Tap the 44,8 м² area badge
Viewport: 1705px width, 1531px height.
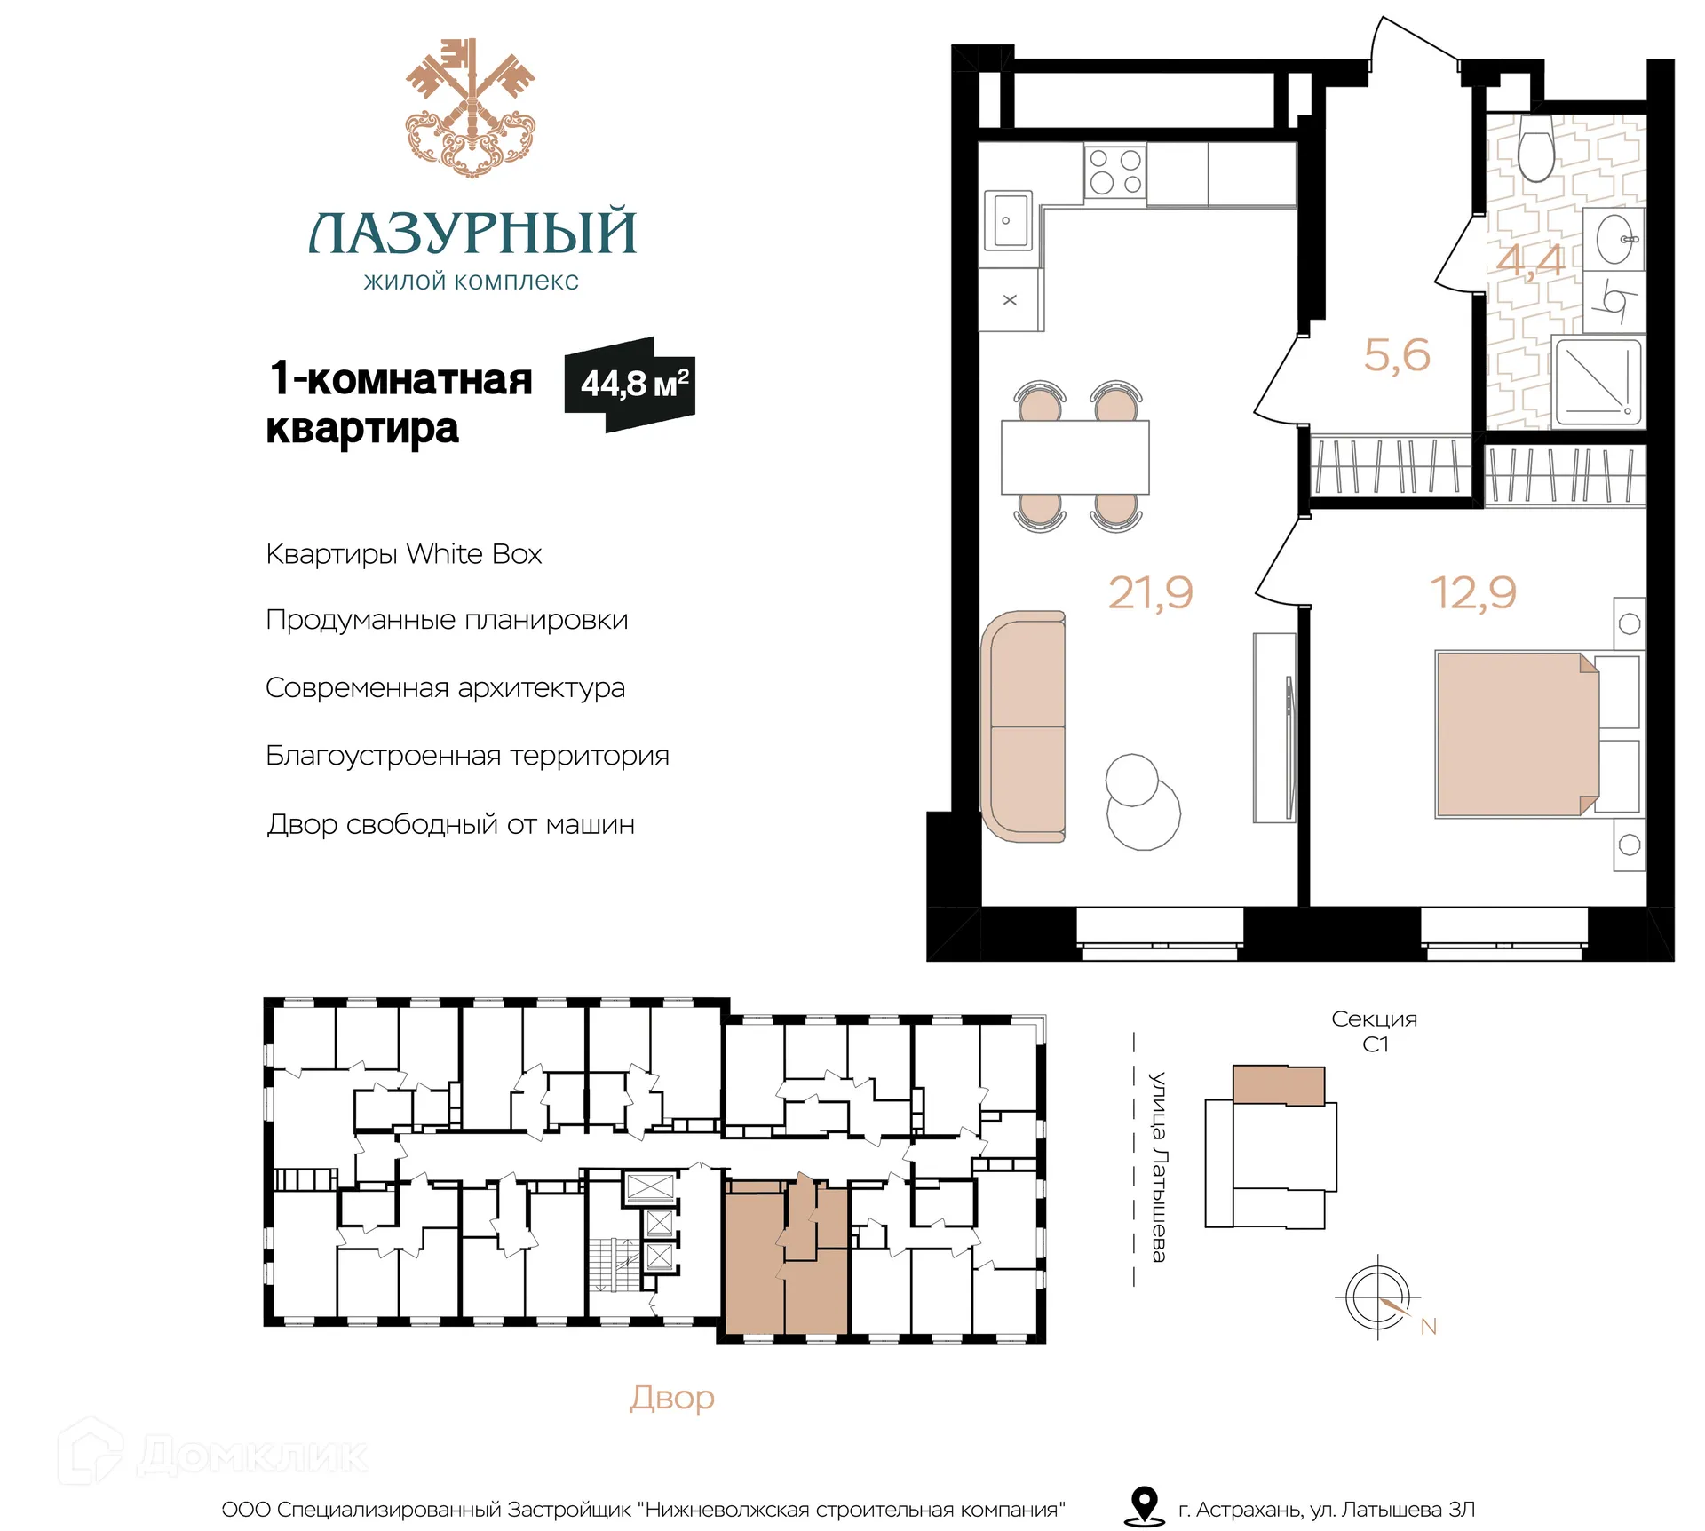(630, 385)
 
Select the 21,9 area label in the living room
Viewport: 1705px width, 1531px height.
(1150, 593)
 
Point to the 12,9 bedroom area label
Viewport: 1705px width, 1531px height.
(1473, 593)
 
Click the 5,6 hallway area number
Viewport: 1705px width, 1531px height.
(1397, 355)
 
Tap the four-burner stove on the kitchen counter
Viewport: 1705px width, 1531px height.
(1115, 172)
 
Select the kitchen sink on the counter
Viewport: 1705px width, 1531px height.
(1008, 220)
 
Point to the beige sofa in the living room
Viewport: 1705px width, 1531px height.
(1024, 726)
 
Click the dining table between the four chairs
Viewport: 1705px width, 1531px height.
(1075, 457)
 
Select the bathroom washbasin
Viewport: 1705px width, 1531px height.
(1615, 239)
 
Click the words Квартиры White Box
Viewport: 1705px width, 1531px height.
(404, 555)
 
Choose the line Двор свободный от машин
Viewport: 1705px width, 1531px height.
(451, 825)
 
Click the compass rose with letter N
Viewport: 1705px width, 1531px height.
(1378, 1297)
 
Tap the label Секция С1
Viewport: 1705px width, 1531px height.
(1375, 1031)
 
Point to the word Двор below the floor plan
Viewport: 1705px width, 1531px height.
(672, 1399)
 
